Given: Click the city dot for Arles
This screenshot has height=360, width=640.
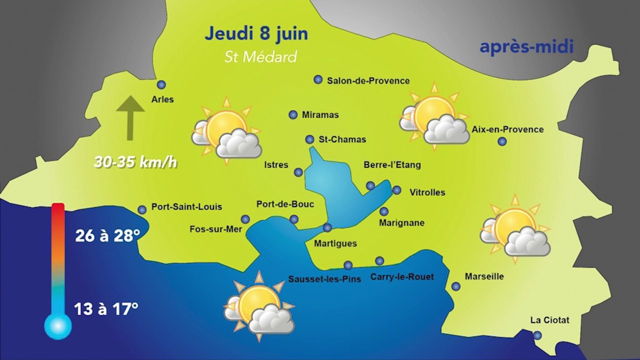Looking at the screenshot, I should coord(161,85).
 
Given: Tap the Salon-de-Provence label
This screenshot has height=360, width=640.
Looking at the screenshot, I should coord(368,80).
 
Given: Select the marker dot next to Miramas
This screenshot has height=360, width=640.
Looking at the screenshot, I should coord(293,115).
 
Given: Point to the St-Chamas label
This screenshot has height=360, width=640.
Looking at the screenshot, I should coord(342,139).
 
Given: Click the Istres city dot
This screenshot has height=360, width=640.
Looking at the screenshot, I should coord(298,172).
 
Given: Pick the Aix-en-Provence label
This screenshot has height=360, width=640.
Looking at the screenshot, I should coord(507,129).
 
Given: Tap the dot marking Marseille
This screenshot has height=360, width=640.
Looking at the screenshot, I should coord(456,286).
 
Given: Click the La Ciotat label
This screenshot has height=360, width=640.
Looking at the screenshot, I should coord(550,320).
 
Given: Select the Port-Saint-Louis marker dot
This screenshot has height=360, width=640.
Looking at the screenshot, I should coord(142,210).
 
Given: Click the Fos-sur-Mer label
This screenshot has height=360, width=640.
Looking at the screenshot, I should coord(216,229).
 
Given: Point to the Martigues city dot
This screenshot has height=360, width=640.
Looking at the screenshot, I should coord(327,228).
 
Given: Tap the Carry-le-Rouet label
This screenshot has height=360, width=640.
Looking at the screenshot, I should coord(402,277).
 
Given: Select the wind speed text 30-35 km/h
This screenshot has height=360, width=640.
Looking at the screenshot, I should coord(135,163).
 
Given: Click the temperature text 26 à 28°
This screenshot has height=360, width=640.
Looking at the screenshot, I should coord(107,235).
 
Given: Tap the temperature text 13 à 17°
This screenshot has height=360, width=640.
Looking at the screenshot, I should coord(106,309).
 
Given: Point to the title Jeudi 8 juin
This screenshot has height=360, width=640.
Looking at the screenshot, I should coord(256,34).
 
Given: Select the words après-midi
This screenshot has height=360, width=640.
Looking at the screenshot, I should coord(526,47).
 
